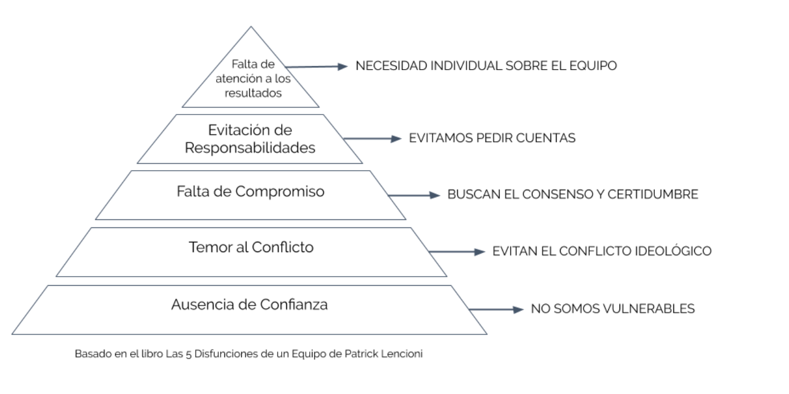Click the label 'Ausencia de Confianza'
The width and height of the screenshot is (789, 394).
249,305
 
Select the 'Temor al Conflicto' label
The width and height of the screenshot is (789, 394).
251,247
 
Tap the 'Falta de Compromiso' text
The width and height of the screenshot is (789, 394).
250,191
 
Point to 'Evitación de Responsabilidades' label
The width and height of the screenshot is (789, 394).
250,140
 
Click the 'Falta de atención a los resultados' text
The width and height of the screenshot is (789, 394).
250,79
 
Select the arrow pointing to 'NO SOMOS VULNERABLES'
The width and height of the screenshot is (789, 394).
497,309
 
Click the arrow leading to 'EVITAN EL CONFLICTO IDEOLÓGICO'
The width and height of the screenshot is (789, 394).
457,252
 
